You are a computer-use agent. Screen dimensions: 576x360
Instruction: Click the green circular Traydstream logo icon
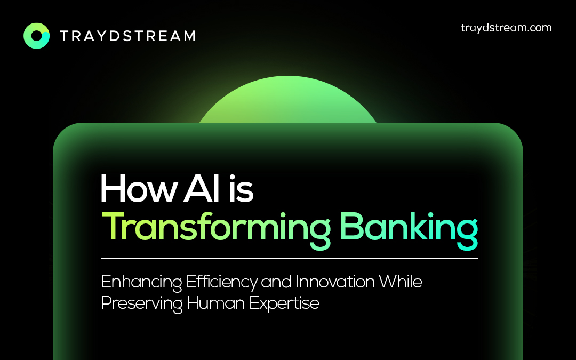click(x=36, y=36)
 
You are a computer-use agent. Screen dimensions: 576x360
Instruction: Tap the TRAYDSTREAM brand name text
click(x=127, y=36)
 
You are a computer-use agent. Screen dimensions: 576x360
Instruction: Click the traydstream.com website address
click(x=506, y=28)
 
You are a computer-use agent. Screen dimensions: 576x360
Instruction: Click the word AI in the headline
click(x=202, y=188)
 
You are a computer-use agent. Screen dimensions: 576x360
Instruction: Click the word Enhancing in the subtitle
click(x=141, y=282)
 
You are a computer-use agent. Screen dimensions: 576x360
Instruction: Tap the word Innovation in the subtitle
click(x=335, y=282)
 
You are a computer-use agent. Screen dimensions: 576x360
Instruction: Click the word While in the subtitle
click(x=401, y=282)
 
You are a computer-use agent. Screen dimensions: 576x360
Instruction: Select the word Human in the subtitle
click(x=215, y=303)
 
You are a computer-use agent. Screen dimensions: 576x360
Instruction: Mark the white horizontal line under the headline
click(x=290, y=259)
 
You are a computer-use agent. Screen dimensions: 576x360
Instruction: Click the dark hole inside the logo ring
click(x=37, y=36)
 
